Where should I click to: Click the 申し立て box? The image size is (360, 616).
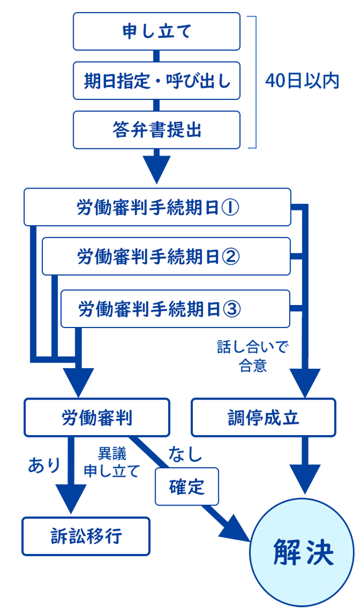click(157, 31)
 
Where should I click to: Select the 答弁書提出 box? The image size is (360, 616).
click(157, 130)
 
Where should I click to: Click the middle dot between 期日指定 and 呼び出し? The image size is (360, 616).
click(157, 81)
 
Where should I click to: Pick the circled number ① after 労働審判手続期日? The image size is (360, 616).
click(230, 208)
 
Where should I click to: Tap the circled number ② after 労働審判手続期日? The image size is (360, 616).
click(231, 257)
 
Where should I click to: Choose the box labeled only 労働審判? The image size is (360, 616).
click(97, 418)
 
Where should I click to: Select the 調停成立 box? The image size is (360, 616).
click(263, 418)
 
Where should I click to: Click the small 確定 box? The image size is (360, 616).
click(187, 486)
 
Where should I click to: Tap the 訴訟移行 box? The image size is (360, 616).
click(86, 536)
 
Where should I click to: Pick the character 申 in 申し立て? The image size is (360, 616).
click(130, 31)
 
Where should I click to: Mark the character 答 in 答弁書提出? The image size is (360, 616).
click(121, 130)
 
